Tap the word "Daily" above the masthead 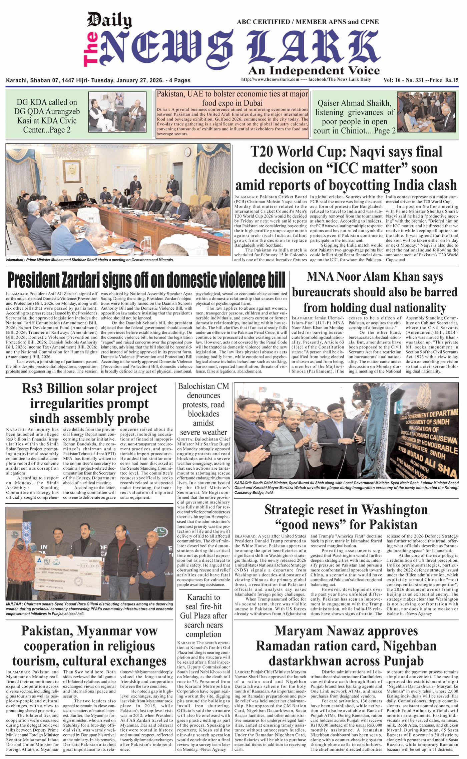pyautogui.click(x=109, y=21)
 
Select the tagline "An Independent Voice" pyautogui.click(x=314, y=70)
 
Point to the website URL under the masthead pyautogui.click(x=270, y=79)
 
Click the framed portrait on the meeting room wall pyautogui.click(x=72, y=172)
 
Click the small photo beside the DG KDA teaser pyautogui.click(x=117, y=112)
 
